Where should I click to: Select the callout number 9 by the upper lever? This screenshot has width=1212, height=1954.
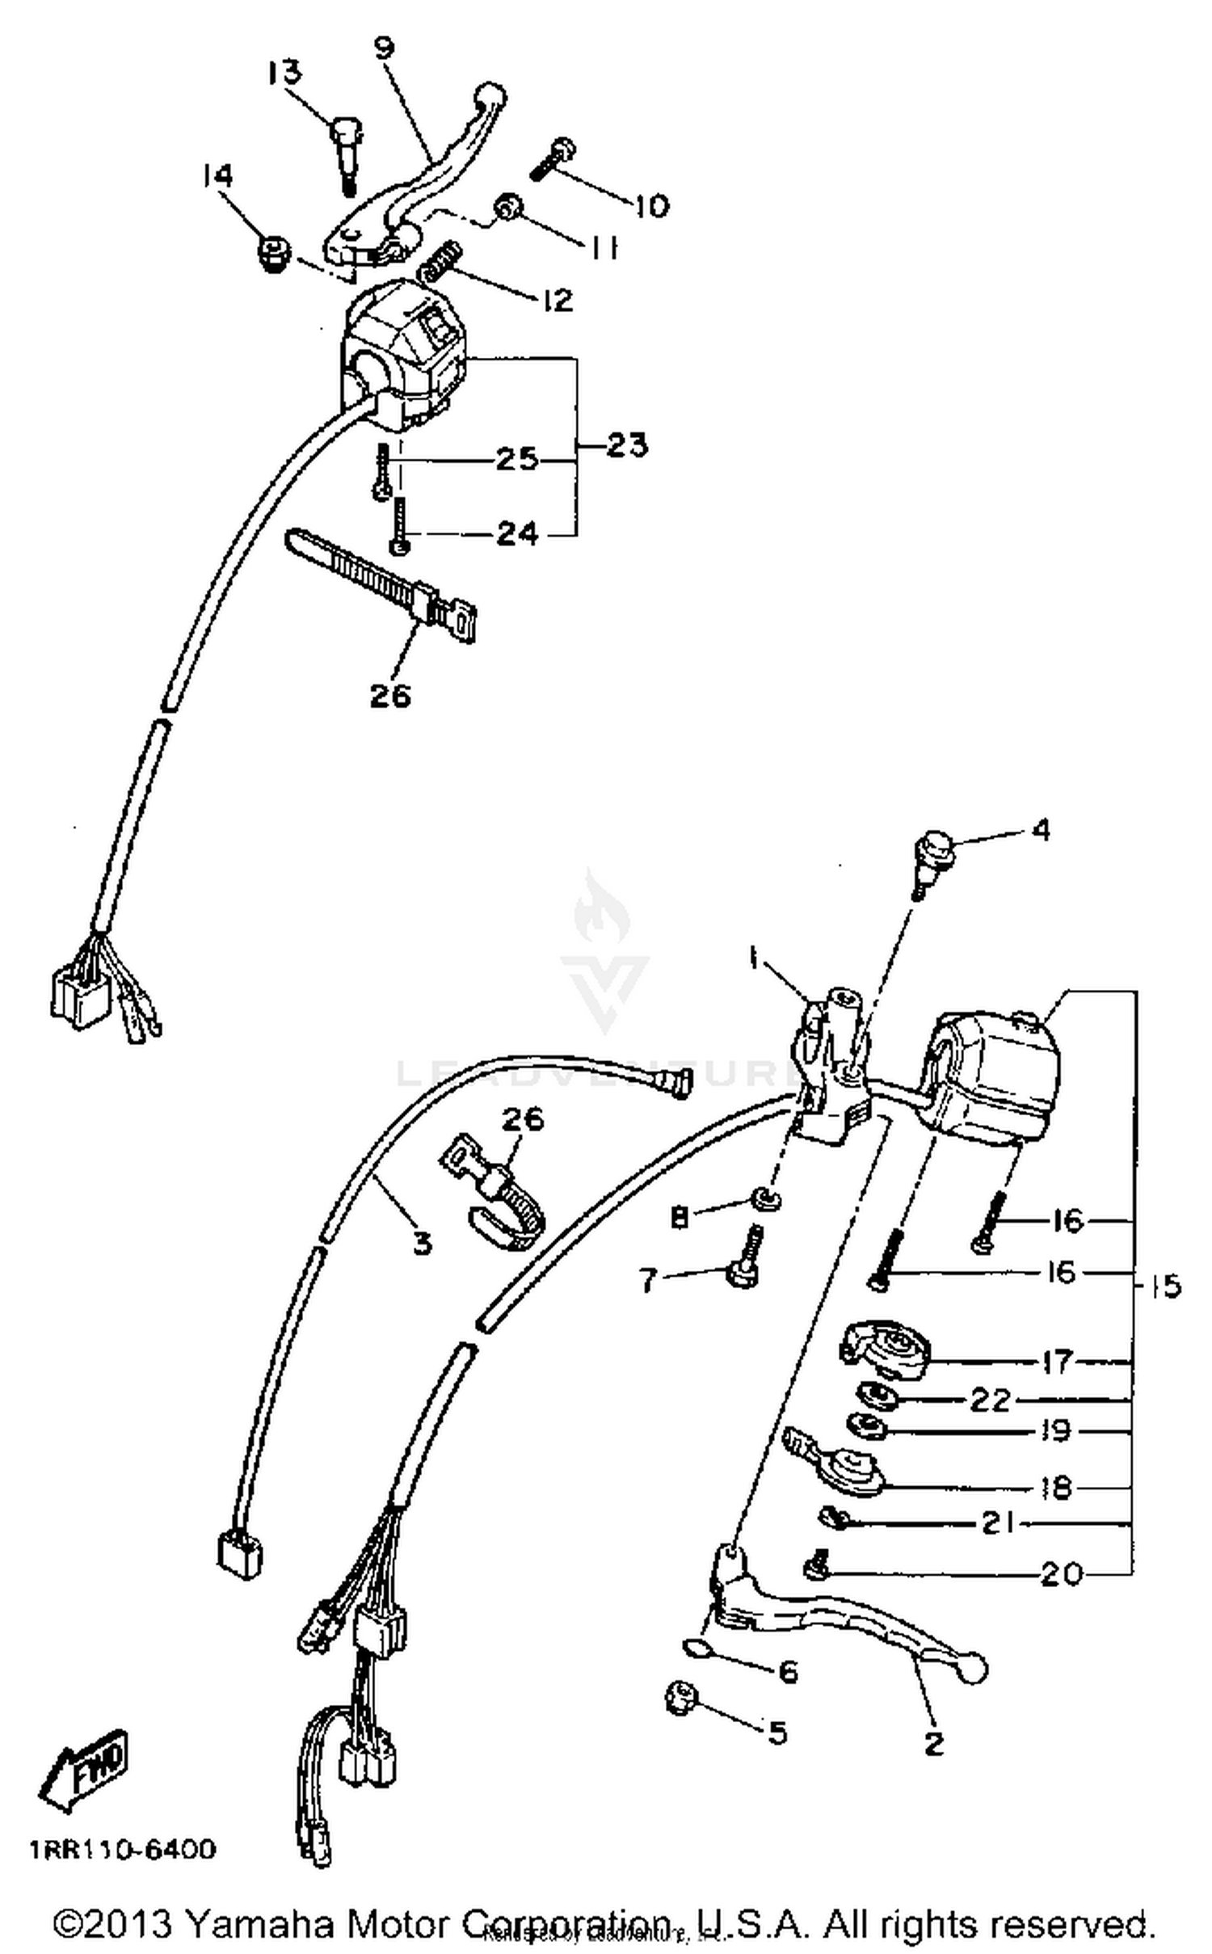(x=385, y=48)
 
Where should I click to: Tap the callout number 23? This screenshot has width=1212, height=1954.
(x=627, y=445)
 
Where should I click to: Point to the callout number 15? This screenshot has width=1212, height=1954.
(x=1164, y=1286)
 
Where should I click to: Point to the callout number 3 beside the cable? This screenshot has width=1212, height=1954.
(x=422, y=1242)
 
